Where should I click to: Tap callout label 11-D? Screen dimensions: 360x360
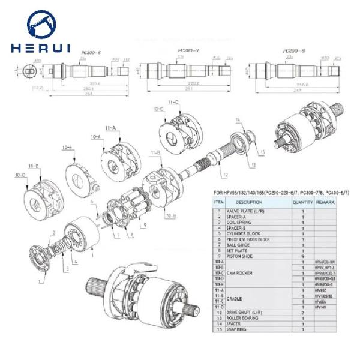(x=35, y=165)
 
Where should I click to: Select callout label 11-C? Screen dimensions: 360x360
(x=173, y=103)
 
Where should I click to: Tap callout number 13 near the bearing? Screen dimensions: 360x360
(x=253, y=164)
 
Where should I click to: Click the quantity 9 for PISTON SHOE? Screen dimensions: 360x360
(x=302, y=256)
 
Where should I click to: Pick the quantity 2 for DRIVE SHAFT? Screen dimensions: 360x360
(x=302, y=313)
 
